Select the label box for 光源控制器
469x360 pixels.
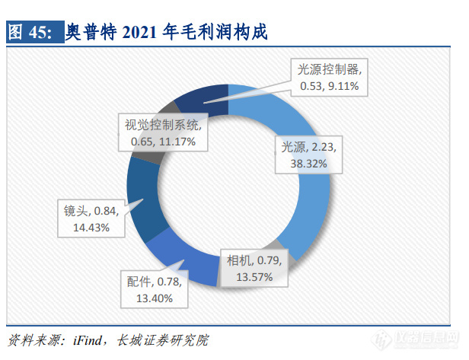[x=330, y=77]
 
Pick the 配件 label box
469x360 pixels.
[x=156, y=290]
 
